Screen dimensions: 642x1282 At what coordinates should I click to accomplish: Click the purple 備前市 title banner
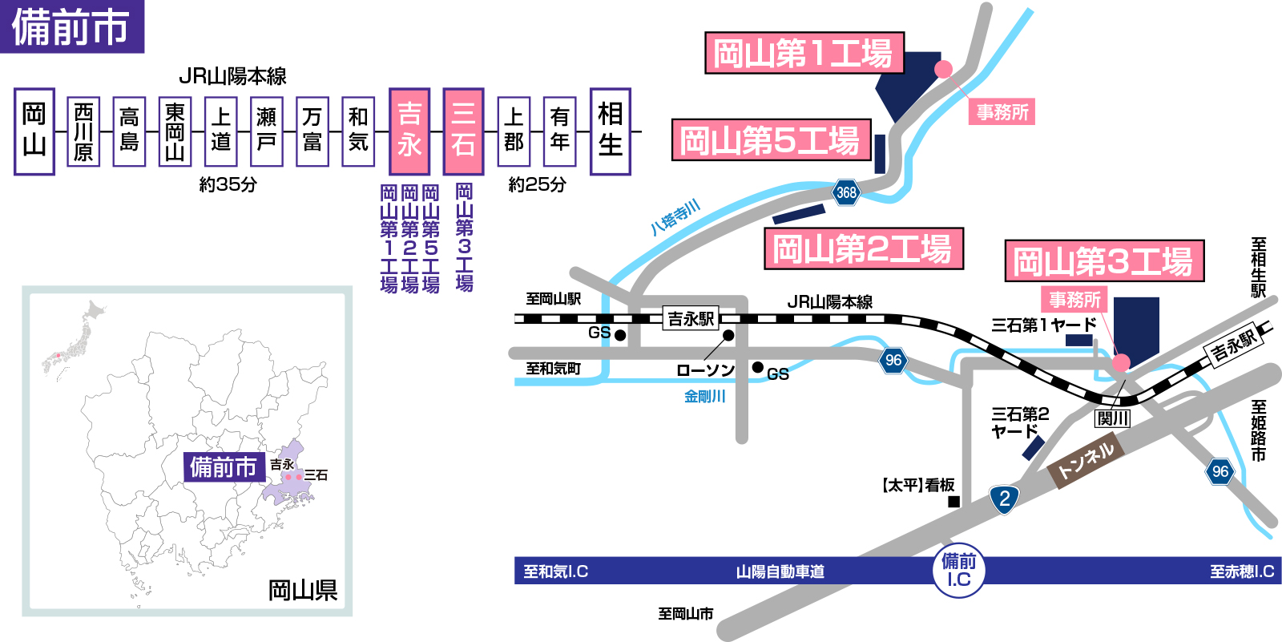click(x=72, y=26)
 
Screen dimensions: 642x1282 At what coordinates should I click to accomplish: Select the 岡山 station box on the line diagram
click(x=34, y=131)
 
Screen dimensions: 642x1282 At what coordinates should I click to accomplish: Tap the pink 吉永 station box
click(x=409, y=131)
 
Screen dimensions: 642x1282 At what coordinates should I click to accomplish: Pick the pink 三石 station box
click(x=463, y=131)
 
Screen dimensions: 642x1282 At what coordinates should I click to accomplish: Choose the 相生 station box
click(x=610, y=131)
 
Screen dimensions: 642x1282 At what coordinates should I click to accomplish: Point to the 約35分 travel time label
click(x=228, y=184)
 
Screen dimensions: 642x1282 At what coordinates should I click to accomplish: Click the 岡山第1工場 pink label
click(x=804, y=54)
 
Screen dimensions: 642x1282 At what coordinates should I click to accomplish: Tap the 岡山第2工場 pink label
click(x=863, y=248)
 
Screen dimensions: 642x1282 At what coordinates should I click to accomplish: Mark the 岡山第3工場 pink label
click(x=1104, y=261)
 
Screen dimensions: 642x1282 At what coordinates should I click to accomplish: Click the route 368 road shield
click(x=846, y=192)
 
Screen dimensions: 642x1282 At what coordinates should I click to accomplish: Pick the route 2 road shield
click(x=1004, y=499)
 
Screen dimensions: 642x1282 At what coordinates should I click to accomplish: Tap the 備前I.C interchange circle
click(x=959, y=571)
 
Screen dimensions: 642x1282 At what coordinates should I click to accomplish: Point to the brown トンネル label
click(x=1086, y=460)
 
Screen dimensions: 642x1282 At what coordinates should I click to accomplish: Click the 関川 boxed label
click(x=1113, y=418)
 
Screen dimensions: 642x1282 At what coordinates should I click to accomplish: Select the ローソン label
click(x=705, y=370)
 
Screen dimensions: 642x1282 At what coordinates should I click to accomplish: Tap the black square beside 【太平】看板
click(x=953, y=502)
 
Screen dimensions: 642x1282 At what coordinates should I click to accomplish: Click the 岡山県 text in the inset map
click(x=302, y=591)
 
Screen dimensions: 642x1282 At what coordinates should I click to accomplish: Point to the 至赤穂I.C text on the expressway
click(x=1241, y=571)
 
